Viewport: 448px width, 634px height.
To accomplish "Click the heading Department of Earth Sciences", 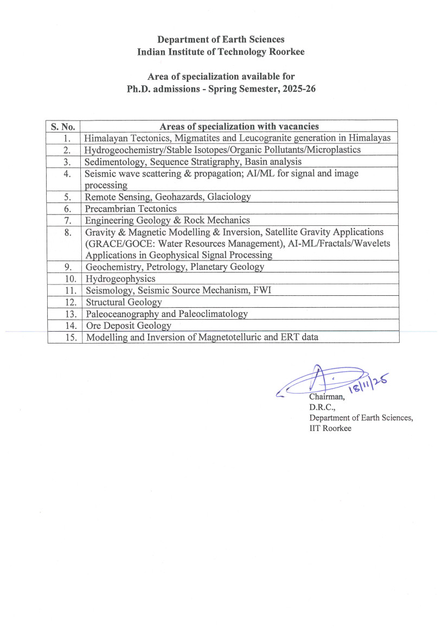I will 220,40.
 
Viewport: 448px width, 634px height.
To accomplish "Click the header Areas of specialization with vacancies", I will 239,126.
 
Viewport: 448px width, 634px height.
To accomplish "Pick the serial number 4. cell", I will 67,174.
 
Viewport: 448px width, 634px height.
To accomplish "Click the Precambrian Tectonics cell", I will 131,208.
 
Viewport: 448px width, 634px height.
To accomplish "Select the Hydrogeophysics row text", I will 120,278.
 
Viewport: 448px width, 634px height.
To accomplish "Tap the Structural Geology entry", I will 124,302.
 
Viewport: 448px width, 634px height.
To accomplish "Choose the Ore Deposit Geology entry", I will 129,326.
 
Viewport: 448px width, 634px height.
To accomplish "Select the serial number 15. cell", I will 66,338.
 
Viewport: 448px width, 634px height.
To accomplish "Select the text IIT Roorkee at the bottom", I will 330,428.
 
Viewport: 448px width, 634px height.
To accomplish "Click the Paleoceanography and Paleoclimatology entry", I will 167,314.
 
